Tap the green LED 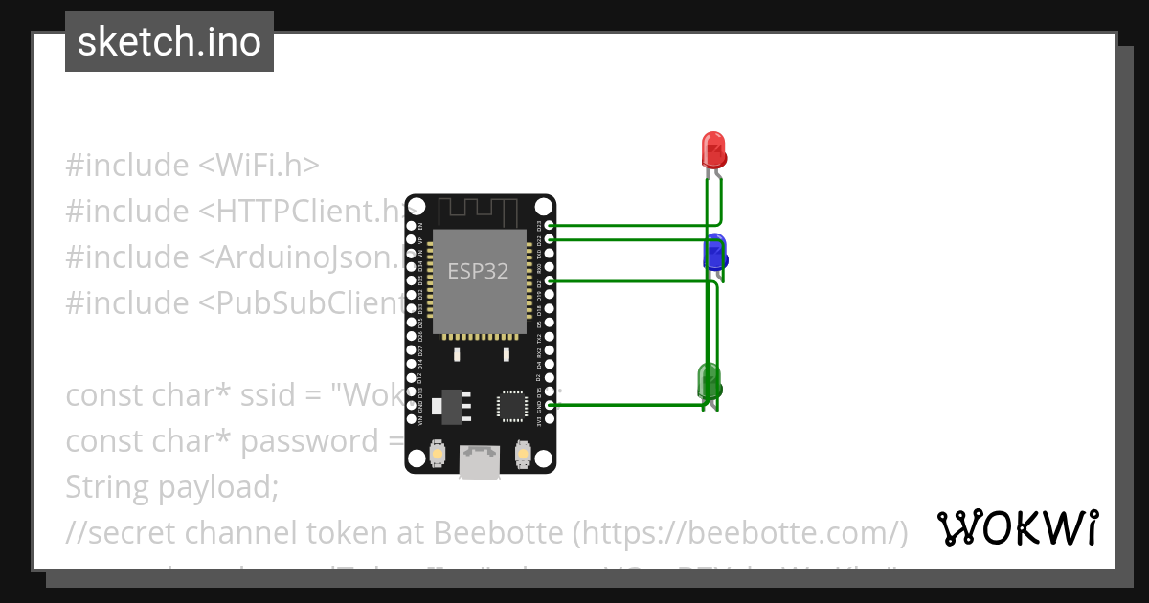[x=710, y=382]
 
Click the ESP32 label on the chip [x=478, y=271]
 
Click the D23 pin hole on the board [x=548, y=226]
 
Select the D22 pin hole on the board [x=548, y=239]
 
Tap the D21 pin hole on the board [x=548, y=281]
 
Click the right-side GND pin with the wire [x=548, y=406]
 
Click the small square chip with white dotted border [x=510, y=406]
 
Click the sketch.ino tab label [x=169, y=42]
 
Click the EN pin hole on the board [x=411, y=226]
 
